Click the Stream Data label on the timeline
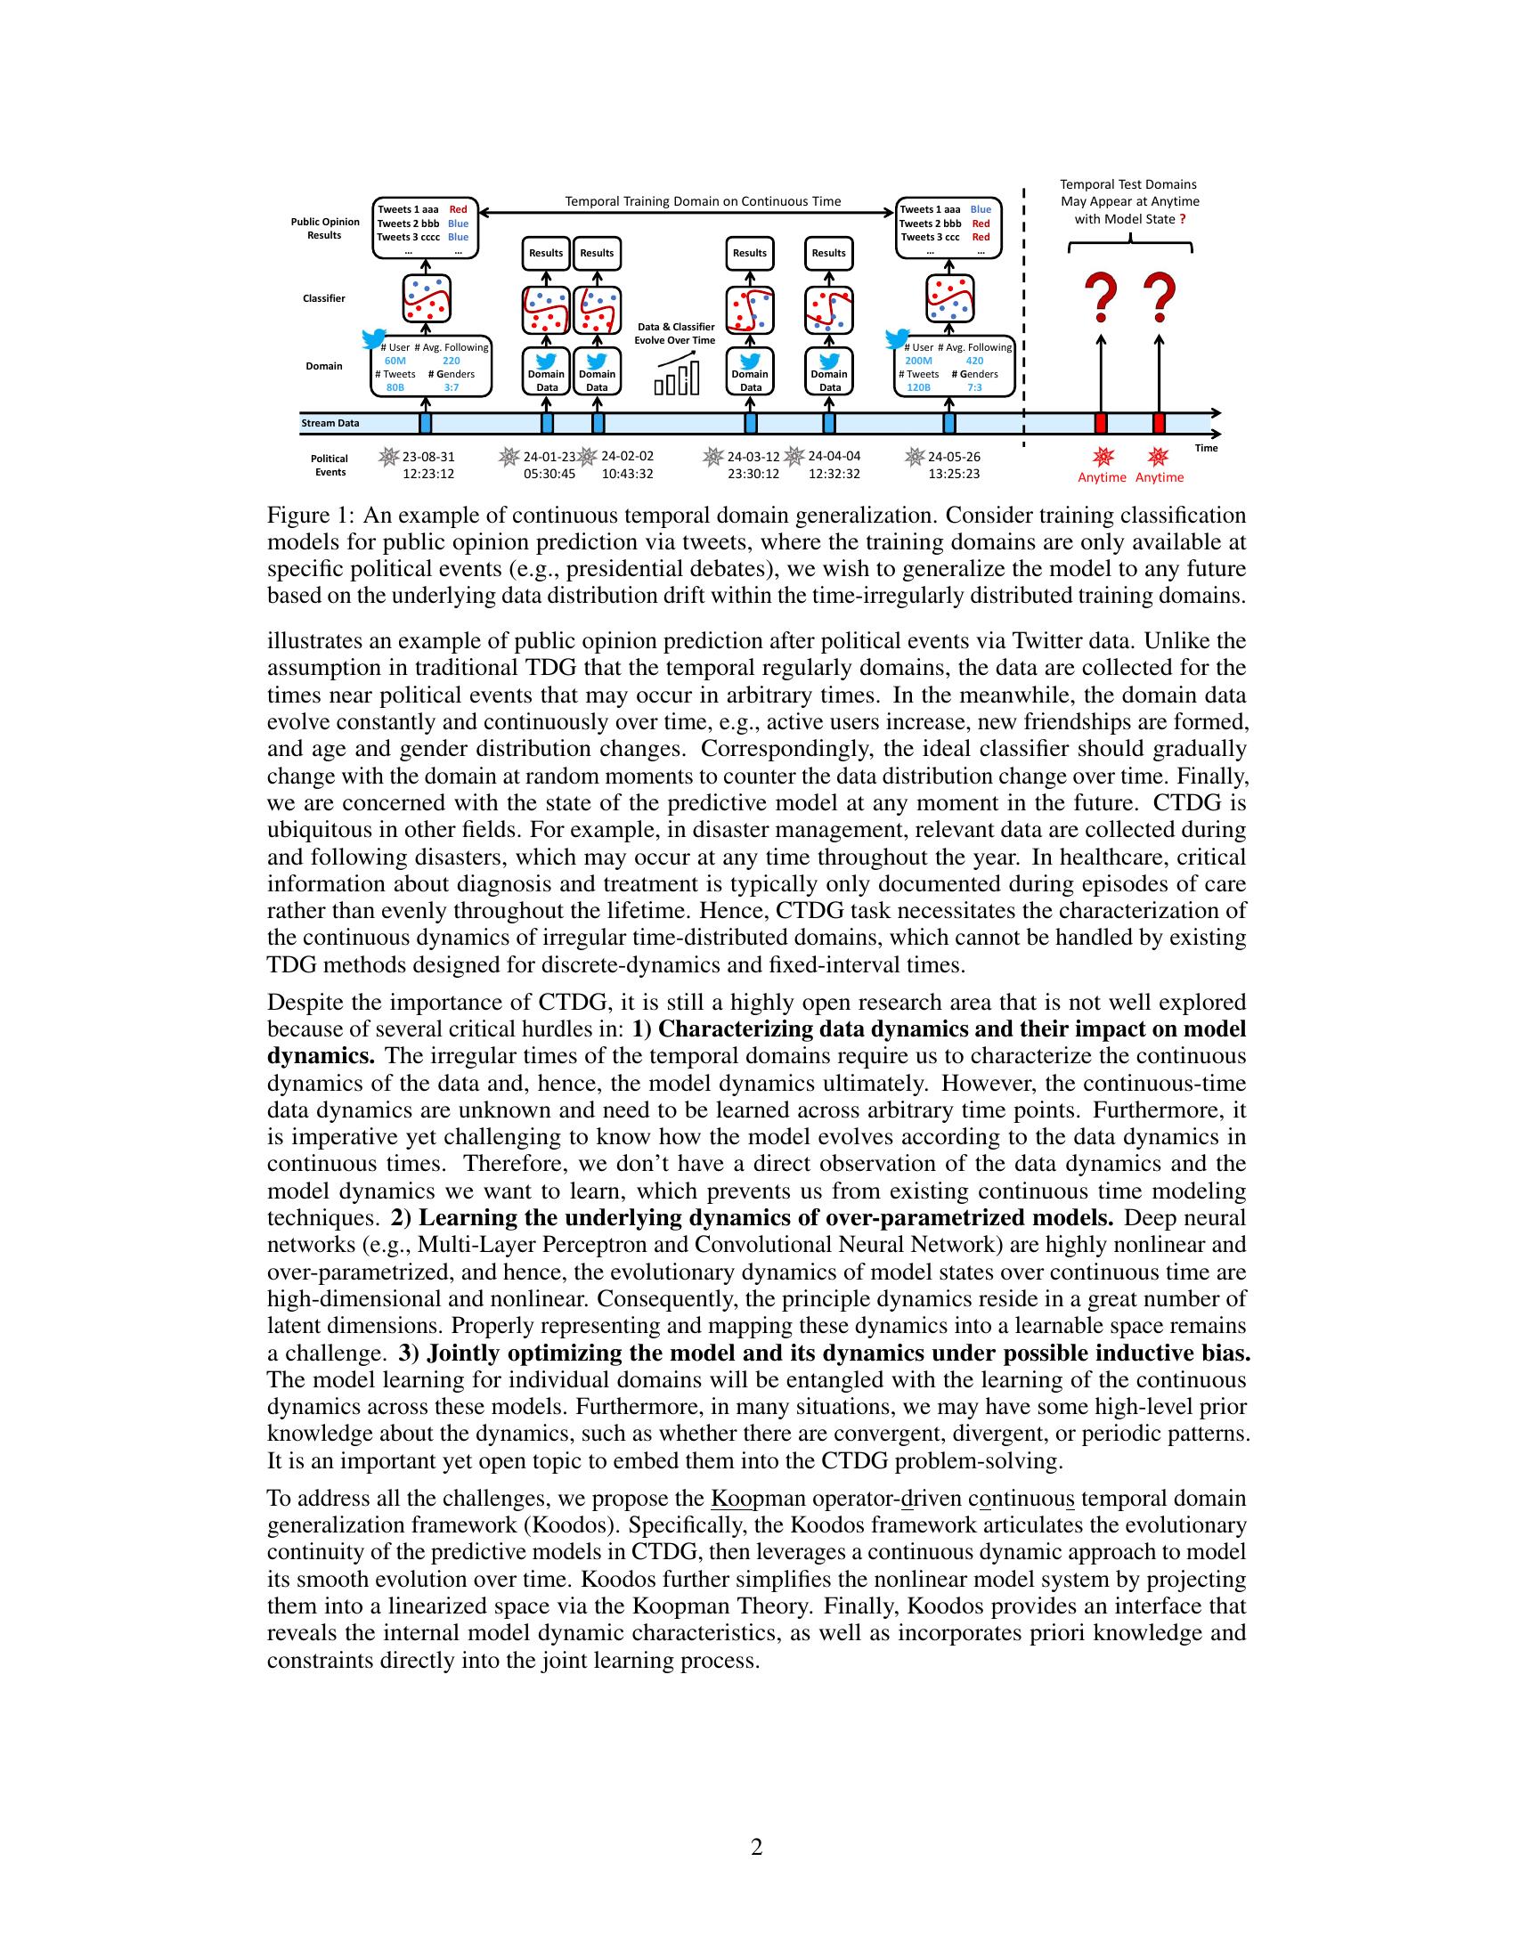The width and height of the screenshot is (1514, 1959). coord(330,423)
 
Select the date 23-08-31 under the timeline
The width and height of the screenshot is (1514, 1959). coord(427,457)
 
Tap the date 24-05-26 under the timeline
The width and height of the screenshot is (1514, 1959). coord(954,457)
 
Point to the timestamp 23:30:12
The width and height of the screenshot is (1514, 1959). coord(753,474)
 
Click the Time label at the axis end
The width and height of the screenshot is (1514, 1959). coord(1207,448)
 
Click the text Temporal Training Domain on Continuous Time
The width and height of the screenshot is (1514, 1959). coord(703,202)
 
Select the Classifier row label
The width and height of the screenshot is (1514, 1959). coord(324,298)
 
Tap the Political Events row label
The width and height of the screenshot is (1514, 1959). coord(330,466)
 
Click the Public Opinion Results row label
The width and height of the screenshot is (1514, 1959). coord(325,229)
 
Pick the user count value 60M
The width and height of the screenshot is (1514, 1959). coord(395,361)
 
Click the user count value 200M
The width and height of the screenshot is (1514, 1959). coord(918,361)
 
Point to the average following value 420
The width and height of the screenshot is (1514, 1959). coord(974,361)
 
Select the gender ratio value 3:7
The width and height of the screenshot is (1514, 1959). coord(452,387)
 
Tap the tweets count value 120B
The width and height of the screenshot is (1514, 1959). coord(919,387)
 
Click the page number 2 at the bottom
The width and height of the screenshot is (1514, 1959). coord(756,1847)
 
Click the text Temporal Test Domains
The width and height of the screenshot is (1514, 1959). coord(1128,185)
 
